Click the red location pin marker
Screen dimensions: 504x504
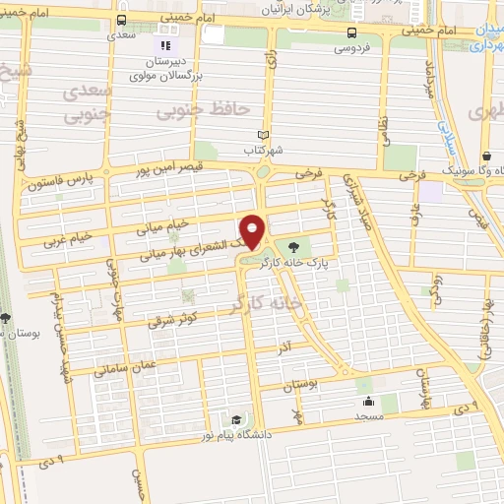point(254,231)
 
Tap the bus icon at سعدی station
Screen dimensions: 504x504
point(120,20)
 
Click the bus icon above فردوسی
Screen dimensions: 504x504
point(351,31)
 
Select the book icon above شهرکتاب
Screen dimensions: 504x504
point(261,136)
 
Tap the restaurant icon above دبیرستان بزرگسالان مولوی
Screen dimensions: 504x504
point(166,44)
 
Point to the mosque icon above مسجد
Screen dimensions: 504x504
point(369,401)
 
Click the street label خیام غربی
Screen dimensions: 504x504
point(68,237)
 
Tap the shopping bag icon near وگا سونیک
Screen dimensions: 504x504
point(488,156)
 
